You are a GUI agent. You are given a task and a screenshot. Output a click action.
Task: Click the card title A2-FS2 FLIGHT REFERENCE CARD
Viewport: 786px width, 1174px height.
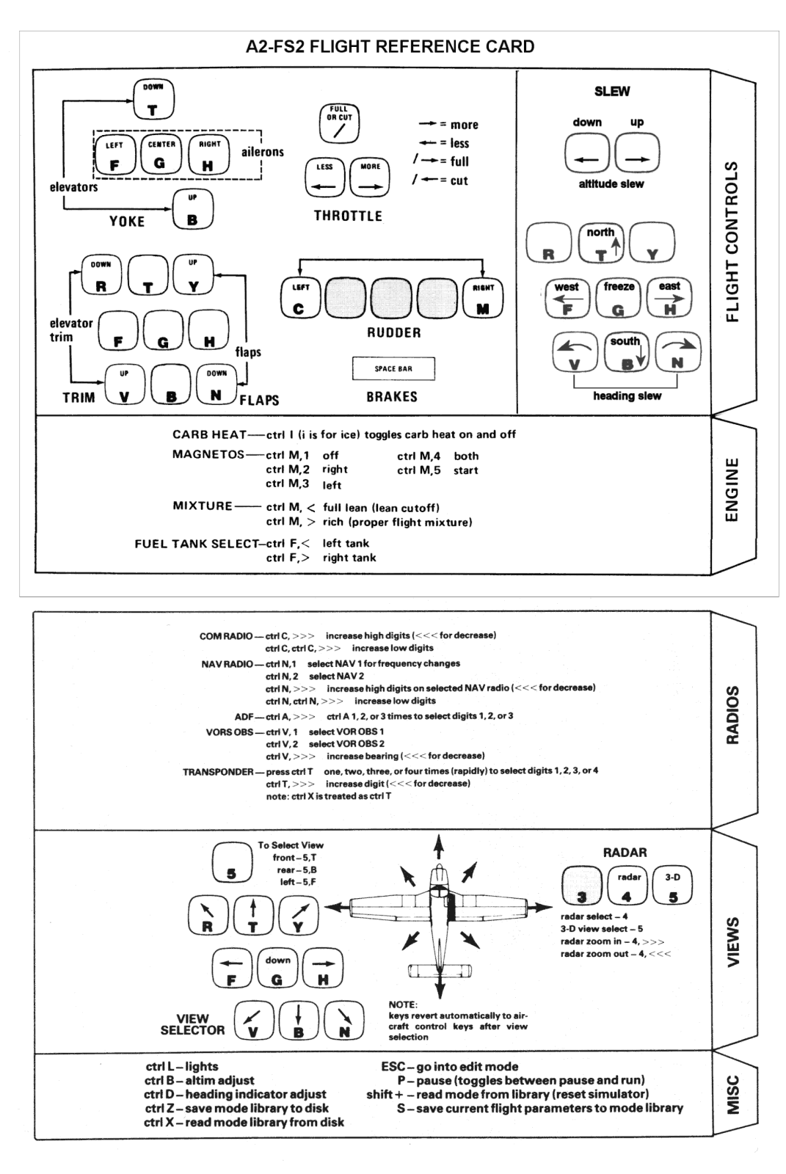click(390, 47)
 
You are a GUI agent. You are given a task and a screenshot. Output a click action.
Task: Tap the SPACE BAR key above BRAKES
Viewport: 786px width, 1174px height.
click(393, 369)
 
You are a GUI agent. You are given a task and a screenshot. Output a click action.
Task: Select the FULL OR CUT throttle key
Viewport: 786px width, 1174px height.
click(339, 123)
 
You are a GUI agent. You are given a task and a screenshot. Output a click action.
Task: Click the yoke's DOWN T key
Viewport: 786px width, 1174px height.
click(153, 100)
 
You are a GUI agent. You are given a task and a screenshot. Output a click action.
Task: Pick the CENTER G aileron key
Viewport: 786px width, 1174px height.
click(161, 155)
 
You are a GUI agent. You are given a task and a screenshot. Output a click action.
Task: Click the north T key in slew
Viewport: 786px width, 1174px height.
click(601, 243)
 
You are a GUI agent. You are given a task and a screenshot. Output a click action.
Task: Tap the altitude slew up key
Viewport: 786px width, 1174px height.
click(637, 153)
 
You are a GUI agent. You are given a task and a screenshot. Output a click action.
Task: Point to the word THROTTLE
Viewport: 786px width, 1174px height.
click(348, 216)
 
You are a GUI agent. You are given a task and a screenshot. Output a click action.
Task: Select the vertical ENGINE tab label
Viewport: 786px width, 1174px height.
click(732, 490)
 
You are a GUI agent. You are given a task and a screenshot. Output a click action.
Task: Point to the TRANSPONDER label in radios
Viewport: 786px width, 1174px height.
click(218, 772)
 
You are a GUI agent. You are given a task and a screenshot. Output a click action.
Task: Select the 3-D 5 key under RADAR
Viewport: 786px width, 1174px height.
click(673, 886)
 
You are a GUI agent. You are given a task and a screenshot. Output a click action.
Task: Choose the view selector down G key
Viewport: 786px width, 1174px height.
click(277, 969)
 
